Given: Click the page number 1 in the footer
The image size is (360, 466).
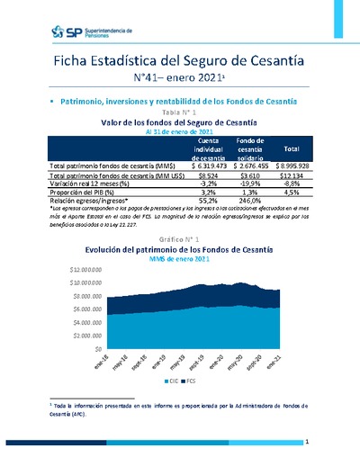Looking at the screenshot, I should pos(307,443).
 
